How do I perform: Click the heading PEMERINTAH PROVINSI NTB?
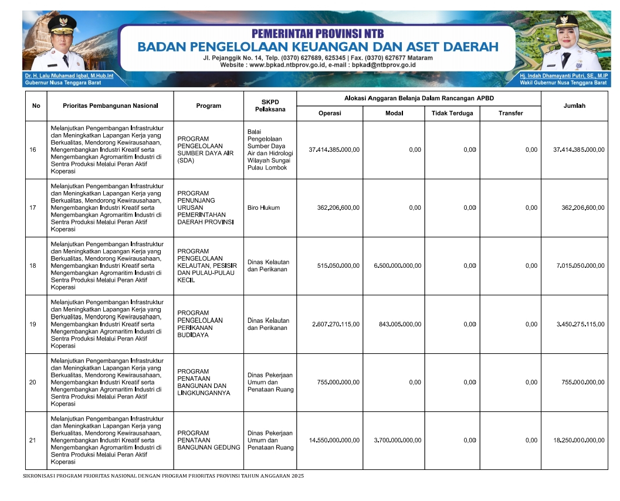tap(317, 33)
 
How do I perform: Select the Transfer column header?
tap(510, 113)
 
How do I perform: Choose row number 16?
tap(32, 150)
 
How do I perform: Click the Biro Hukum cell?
tap(263, 207)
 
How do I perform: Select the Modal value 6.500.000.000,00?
tap(397, 266)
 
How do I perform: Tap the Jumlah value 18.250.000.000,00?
tap(578, 441)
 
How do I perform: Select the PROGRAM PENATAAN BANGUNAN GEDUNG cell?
tap(208, 440)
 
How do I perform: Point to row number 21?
tap(32, 441)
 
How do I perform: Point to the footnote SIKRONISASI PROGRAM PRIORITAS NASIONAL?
tap(164, 476)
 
